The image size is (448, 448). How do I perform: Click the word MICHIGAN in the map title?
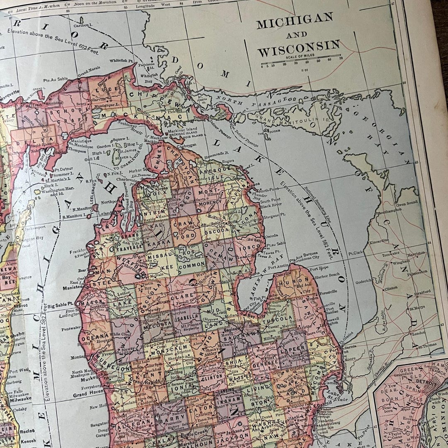tap(295, 21)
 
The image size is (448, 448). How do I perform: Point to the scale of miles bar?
tap(301, 61)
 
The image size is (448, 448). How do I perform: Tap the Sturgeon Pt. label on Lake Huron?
tap(274, 216)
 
